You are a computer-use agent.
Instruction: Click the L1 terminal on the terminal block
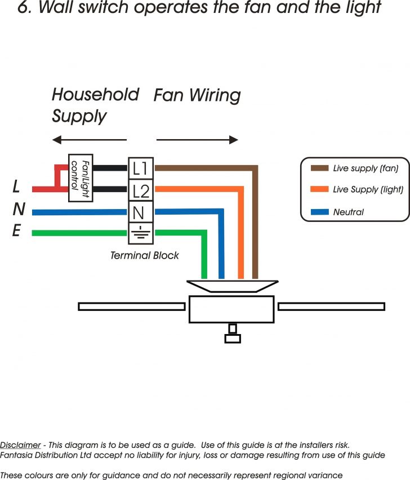tap(140, 168)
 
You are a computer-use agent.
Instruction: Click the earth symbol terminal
tap(140, 233)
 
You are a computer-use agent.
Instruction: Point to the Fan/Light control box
tap(80, 178)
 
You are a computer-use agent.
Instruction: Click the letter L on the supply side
tap(17, 187)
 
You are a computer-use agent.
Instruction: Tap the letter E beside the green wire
tap(17, 231)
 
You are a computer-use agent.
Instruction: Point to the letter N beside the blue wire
tap(18, 210)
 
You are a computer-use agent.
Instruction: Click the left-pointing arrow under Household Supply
tap(89, 140)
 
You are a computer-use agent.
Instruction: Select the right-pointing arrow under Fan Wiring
tap(197, 140)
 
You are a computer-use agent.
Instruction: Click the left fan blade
tap(131, 306)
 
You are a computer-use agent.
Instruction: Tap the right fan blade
tap(331, 306)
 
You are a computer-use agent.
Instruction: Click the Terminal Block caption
tap(144, 255)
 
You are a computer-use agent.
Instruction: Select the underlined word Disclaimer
tap(20, 445)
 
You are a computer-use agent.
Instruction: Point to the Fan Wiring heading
tap(197, 95)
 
